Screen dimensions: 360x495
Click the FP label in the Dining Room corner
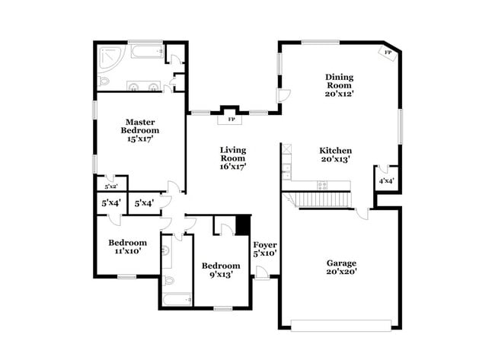[388, 53]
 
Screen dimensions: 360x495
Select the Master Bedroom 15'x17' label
[141, 130]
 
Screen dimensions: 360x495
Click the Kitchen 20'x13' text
[335, 155]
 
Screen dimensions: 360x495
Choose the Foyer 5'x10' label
[265, 249]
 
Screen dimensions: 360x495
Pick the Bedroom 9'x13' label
[221, 270]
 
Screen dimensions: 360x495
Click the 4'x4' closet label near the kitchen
[387, 180]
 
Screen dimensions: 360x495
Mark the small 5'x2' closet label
[111, 186]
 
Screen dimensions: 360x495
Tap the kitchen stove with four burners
[321, 184]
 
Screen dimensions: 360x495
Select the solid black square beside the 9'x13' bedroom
[243, 226]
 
